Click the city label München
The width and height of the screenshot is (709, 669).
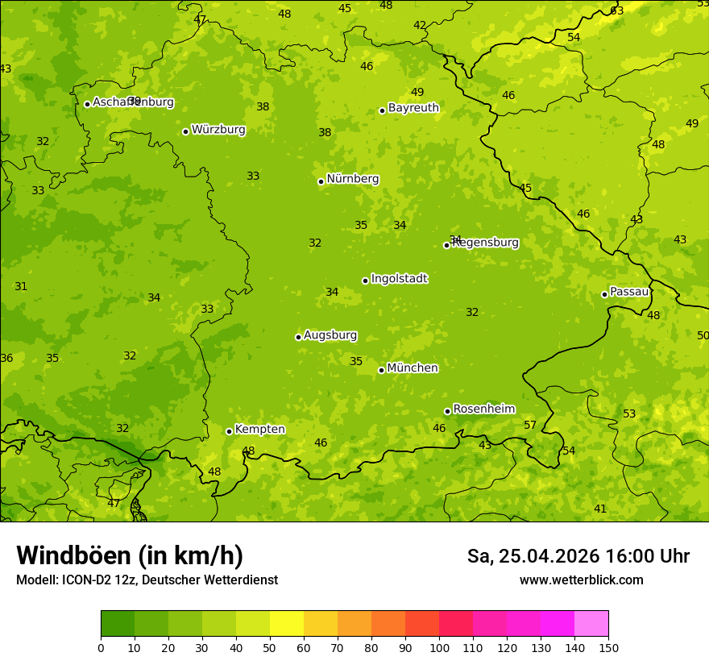413,368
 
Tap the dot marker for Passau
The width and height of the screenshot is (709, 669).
604,294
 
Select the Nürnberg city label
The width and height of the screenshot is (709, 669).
352,179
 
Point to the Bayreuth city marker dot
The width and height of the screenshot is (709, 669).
382,110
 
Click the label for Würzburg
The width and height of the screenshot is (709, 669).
218,130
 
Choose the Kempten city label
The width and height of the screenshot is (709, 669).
259,430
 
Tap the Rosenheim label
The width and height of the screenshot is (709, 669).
483,409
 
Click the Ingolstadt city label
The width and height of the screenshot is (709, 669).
399,279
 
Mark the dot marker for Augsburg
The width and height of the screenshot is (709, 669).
298,337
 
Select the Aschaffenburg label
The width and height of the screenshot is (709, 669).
133,102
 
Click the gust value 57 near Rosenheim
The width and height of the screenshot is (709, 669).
530,425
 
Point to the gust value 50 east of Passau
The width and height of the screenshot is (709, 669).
703,335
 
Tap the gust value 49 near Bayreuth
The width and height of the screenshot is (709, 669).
417,92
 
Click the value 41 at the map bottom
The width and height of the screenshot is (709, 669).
599,509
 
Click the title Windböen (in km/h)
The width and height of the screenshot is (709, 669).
130,555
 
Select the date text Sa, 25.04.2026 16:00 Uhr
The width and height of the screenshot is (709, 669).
578,556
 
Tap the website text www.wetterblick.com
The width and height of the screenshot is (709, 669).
581,580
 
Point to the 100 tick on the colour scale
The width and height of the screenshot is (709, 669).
439,647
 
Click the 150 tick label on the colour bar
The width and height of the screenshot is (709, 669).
608,647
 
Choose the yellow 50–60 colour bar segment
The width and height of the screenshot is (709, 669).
287,624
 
